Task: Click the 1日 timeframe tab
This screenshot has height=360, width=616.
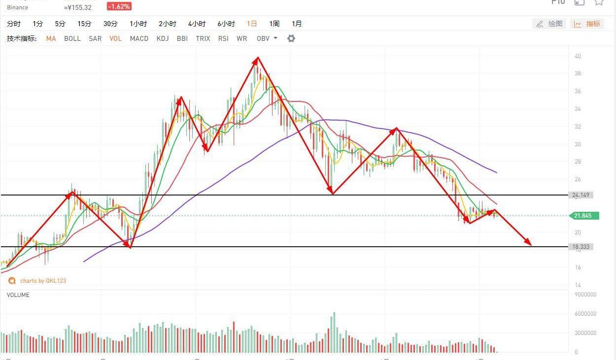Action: pos(252,24)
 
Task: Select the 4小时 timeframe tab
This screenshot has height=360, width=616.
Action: pos(197,24)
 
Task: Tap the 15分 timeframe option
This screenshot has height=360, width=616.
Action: pos(84,24)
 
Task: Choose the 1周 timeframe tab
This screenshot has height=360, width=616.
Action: pos(274,24)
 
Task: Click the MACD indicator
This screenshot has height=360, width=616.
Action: pos(139,38)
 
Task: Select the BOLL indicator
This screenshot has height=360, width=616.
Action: pos(72,38)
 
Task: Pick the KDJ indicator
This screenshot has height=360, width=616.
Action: pos(163,38)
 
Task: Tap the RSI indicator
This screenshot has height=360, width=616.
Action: pos(223,38)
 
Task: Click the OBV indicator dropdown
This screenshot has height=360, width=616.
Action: pos(267,38)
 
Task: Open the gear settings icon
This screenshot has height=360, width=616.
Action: pos(291,38)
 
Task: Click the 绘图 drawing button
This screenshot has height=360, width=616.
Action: pos(549,24)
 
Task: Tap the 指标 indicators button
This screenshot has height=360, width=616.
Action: pos(587,24)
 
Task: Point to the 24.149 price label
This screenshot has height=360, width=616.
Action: pos(581,195)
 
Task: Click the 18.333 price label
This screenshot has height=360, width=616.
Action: pos(581,247)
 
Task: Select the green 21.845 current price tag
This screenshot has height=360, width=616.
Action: pos(583,216)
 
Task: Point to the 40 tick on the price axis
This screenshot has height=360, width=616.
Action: pos(578,56)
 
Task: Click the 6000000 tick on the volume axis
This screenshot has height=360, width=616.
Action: pos(585,314)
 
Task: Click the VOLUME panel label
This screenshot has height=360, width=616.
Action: pos(18,295)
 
